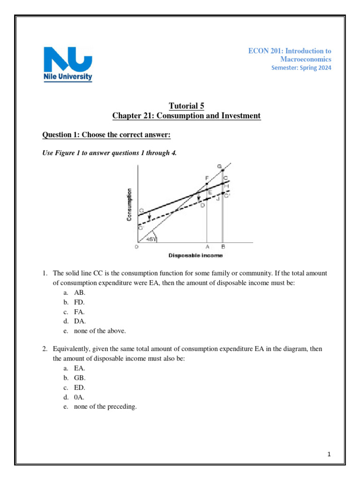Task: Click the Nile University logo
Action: click(x=68, y=64)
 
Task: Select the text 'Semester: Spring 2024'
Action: click(x=301, y=68)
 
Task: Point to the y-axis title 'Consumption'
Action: click(x=129, y=204)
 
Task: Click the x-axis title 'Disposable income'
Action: click(x=195, y=255)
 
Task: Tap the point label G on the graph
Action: click(x=219, y=166)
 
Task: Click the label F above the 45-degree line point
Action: click(x=207, y=178)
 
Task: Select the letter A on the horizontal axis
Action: click(x=207, y=247)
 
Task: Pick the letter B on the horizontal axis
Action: click(x=223, y=247)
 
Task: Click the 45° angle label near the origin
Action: click(x=151, y=239)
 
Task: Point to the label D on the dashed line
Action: click(x=202, y=205)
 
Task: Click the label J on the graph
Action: click(x=218, y=199)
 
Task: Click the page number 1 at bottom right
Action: click(x=330, y=454)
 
